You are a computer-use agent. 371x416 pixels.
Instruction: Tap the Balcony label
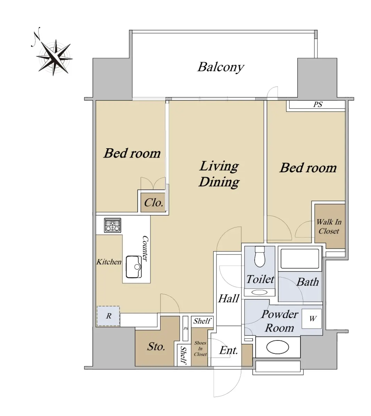point(221,67)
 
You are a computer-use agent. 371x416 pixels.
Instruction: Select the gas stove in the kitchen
point(112,225)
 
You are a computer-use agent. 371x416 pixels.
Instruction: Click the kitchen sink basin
point(134,267)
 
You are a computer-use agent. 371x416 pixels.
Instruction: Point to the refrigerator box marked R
point(108,316)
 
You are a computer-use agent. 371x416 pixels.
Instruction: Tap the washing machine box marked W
point(312,319)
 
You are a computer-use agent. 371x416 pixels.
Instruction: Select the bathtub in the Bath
point(299,259)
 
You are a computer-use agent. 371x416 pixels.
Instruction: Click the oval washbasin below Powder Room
point(277,347)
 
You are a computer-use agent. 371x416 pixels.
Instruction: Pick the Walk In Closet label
point(329,226)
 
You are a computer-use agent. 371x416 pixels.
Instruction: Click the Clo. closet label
point(154,203)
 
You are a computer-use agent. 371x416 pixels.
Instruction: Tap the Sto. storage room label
point(156,347)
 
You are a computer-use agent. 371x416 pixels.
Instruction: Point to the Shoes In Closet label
point(200,348)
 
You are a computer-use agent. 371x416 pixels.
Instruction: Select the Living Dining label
point(219,174)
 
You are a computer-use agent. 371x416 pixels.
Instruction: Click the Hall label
point(229,298)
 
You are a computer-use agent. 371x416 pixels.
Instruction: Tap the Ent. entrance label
point(229,350)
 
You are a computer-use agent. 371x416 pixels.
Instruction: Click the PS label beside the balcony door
point(318,104)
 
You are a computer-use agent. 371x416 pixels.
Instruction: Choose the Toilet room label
point(260,279)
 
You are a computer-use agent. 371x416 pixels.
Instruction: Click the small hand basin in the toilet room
point(259,292)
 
